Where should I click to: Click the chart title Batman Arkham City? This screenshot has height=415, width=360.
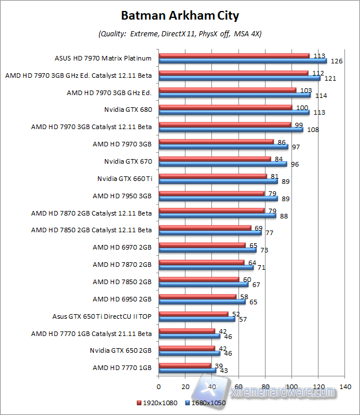coord(180,15)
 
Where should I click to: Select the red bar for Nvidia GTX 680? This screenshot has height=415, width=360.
coord(225,107)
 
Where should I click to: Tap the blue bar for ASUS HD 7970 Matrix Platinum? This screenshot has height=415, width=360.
coord(242,61)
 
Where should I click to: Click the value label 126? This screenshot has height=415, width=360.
coord(336,61)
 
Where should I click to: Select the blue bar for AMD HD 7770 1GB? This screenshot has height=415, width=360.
coord(187,371)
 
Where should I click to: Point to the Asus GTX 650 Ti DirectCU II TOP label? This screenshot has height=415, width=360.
coord(102,316)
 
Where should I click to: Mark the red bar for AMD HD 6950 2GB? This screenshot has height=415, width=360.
coord(197,297)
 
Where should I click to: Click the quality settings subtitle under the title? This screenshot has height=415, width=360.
coord(180,34)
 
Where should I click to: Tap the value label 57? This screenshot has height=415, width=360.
coord(243,319)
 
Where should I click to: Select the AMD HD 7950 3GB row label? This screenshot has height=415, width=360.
coord(122,196)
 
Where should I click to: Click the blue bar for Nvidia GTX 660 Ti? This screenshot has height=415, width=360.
coord(218,181)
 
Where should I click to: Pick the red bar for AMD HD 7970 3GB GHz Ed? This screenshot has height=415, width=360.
coord(227,90)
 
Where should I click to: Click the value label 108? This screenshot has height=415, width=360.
coord(312,129)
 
